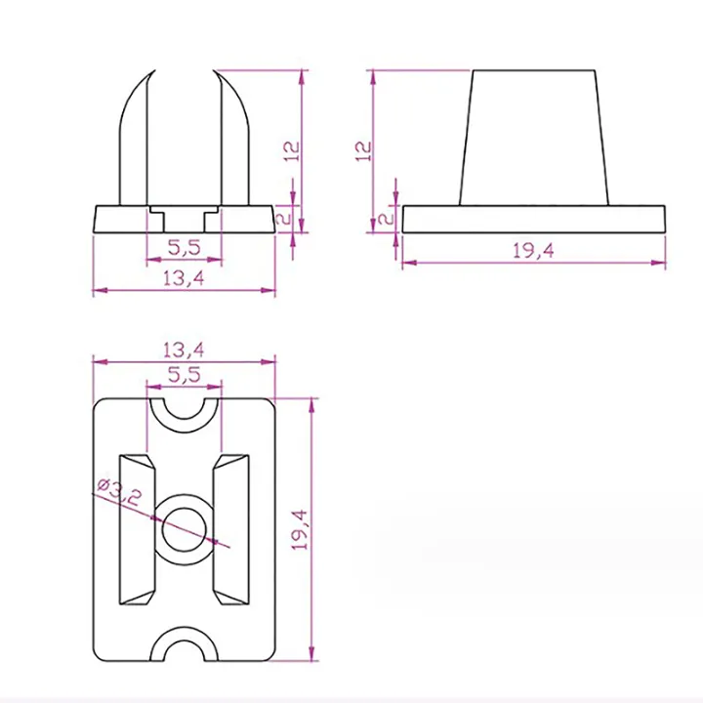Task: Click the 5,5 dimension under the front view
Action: (x=184, y=248)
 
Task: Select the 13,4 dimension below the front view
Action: (x=184, y=278)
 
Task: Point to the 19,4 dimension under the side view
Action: (x=533, y=250)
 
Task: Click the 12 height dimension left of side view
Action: (x=363, y=149)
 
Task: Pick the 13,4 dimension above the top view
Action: (x=184, y=350)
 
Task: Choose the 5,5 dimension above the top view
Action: (x=184, y=374)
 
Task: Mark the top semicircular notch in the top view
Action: (x=184, y=407)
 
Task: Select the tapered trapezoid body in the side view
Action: (x=533, y=137)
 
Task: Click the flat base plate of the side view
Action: (x=533, y=219)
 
